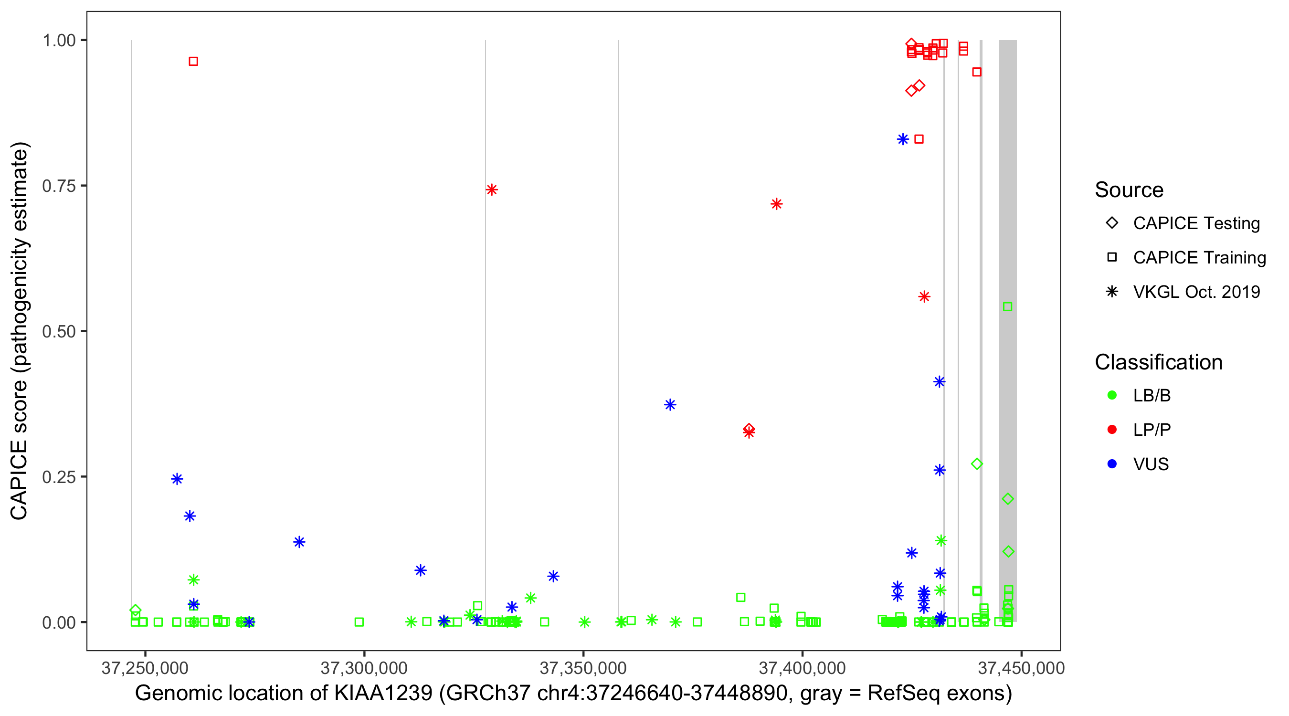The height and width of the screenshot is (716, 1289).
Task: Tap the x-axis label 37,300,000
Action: tap(364, 668)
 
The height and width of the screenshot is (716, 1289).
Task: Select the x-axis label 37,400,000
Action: tap(802, 668)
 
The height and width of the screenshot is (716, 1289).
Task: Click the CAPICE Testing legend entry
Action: tap(1196, 223)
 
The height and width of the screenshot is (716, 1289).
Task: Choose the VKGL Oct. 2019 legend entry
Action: tap(1196, 292)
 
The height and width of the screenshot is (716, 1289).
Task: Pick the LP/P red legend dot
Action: tap(1112, 430)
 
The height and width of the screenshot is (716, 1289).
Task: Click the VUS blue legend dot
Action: tap(1112, 464)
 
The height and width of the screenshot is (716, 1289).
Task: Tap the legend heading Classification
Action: tap(1158, 362)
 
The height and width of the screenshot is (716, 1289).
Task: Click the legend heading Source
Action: tap(1129, 190)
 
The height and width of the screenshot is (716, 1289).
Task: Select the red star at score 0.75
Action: tap(491, 190)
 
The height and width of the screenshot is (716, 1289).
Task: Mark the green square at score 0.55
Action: tap(1008, 307)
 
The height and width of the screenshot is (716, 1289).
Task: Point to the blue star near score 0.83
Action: tap(903, 139)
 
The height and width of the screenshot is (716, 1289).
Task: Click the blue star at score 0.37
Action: tap(670, 405)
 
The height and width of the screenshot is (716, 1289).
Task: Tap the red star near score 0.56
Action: tap(924, 297)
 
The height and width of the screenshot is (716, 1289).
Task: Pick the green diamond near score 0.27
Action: tap(977, 464)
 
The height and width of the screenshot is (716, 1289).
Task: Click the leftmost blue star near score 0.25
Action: tap(177, 479)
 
